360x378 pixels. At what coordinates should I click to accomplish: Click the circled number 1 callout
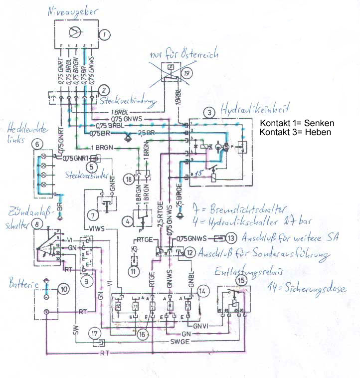(x=104, y=34)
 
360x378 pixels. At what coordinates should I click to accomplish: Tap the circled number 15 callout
(x=241, y=281)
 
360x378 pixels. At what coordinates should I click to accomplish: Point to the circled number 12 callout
(x=191, y=252)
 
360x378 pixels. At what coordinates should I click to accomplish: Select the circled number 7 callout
(x=93, y=215)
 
